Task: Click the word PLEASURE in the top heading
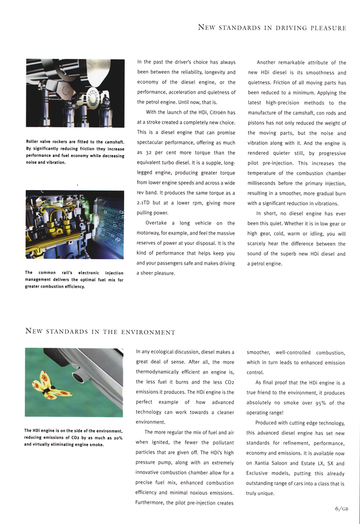tap(328, 28)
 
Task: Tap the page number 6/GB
tap(342, 509)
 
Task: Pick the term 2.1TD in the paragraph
tap(144, 203)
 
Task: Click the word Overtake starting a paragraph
tap(156, 223)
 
